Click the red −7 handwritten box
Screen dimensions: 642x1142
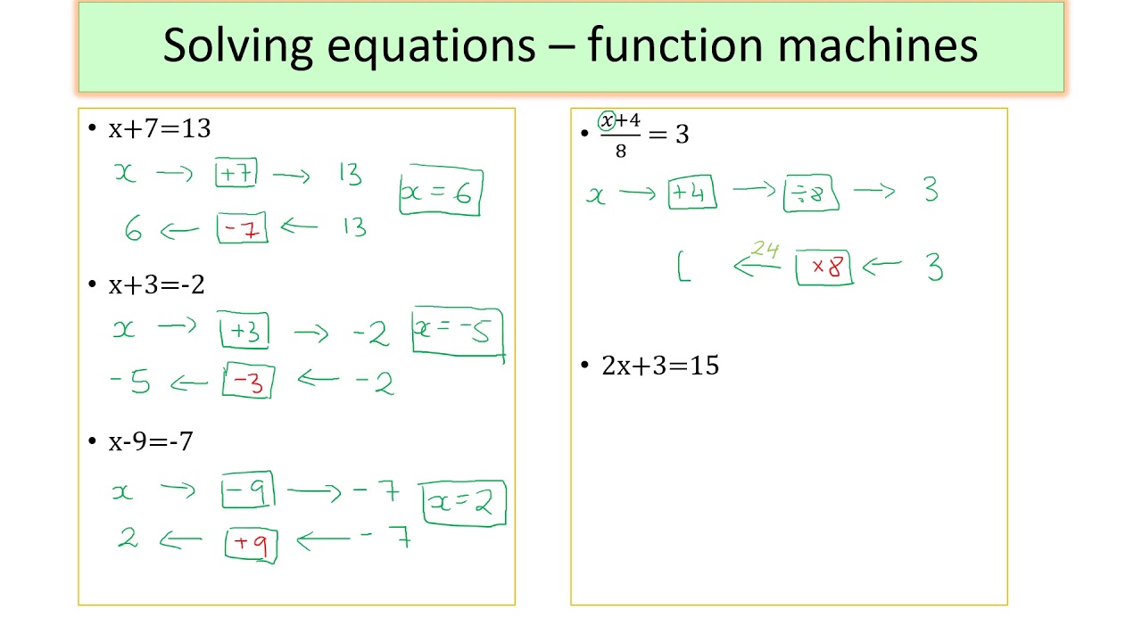[242, 229]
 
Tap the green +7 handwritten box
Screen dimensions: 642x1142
[236, 173]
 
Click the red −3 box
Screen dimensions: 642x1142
[248, 382]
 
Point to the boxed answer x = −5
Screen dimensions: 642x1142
[458, 332]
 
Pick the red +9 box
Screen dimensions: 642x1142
[252, 544]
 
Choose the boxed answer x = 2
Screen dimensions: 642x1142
[464, 503]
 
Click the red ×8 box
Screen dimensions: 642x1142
[824, 267]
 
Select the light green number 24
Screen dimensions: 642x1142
[765, 250]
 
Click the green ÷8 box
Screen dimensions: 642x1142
[810, 194]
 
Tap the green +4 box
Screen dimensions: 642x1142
[692, 193]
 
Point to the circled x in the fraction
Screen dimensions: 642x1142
[608, 120]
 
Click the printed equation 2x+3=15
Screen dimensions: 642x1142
[660, 366]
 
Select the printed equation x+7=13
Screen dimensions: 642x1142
[160, 128]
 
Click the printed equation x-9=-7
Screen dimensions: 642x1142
[151, 441]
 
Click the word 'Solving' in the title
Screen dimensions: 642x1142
[237, 45]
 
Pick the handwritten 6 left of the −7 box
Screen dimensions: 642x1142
[134, 230]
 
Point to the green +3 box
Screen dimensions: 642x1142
[244, 332]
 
